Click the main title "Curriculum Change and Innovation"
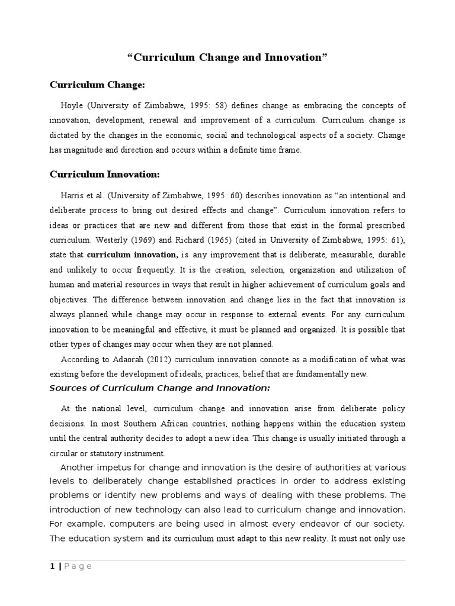(x=227, y=58)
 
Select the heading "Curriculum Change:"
(x=97, y=86)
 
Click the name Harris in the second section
(x=73, y=195)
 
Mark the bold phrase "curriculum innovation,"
(x=132, y=254)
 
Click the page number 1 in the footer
(x=52, y=566)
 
